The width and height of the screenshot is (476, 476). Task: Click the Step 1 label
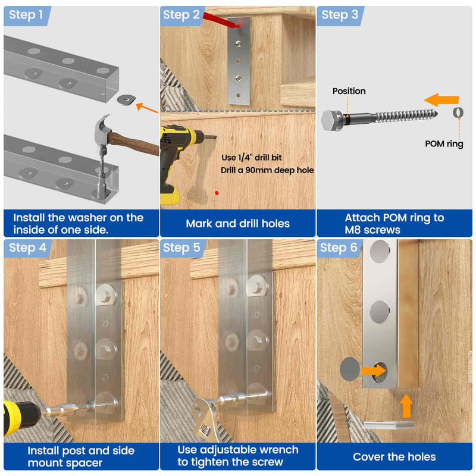tap(26, 14)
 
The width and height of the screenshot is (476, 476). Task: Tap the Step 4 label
tap(27, 248)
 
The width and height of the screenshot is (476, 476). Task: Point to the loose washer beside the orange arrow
tap(126, 99)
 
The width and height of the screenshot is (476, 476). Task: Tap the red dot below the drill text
tap(217, 193)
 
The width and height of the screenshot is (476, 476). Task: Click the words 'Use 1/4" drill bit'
tap(252, 158)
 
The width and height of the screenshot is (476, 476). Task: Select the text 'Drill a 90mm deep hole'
tap(267, 170)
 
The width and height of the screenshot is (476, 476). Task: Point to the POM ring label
tap(444, 143)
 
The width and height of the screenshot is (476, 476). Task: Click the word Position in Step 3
tap(349, 91)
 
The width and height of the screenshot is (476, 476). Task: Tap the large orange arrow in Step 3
tap(441, 100)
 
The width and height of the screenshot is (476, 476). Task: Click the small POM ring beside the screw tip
tap(458, 112)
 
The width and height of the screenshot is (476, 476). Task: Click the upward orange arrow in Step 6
tap(406, 406)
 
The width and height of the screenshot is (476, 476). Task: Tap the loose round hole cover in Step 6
tap(350, 369)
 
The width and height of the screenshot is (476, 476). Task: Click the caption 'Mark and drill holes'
tap(237, 224)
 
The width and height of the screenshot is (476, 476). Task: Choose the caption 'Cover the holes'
tap(394, 457)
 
